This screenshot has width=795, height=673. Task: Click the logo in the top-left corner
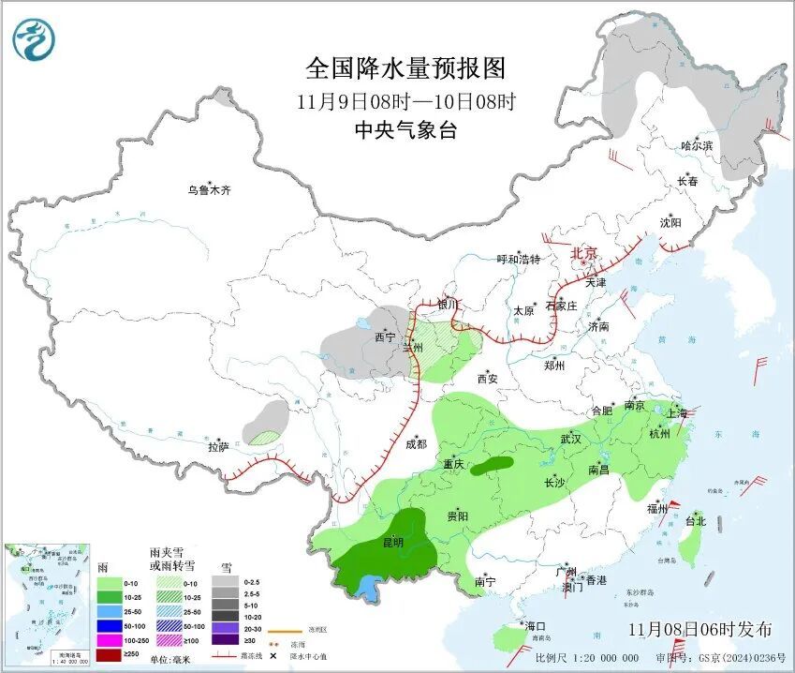point(35,38)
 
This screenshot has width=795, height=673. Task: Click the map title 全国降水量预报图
point(405,68)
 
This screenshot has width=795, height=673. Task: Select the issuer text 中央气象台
point(405,130)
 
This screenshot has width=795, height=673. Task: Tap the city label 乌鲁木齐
point(208,190)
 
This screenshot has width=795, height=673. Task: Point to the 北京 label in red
point(584,253)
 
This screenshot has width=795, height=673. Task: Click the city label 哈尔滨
point(697,146)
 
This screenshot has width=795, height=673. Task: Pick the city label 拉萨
point(218,447)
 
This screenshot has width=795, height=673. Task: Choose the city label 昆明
point(393,542)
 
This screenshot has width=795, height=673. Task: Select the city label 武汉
point(571,438)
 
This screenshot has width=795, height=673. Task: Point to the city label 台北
point(695,521)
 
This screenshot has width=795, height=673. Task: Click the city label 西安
point(488,379)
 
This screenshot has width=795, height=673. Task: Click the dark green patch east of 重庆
point(492,464)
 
